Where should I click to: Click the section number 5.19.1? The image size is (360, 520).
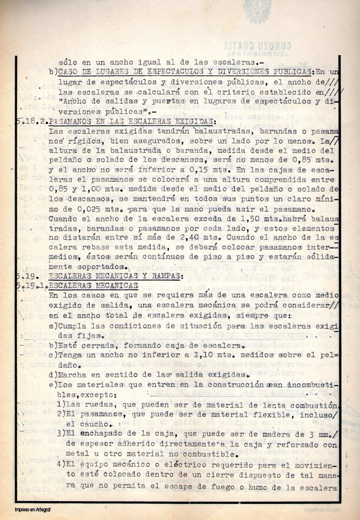31,285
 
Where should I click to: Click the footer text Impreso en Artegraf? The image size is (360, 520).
36,509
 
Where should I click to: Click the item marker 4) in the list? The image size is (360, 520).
61,466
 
